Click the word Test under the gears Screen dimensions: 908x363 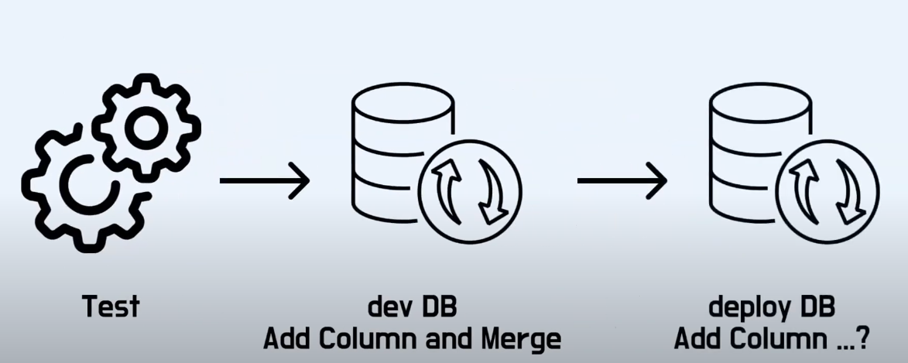[x=111, y=307]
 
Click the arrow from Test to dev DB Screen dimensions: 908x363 [x=264, y=181]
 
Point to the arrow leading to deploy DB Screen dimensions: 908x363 [x=622, y=181]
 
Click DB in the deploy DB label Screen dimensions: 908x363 [x=815, y=307]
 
